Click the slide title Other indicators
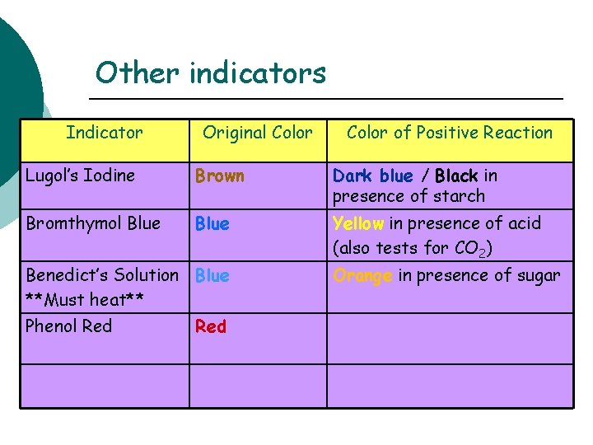coord(211,73)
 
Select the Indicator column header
coord(105,133)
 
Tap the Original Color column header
coord(258,133)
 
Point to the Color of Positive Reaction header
coord(450,133)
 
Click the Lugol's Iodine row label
coord(80,176)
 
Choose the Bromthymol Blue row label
coord(93,223)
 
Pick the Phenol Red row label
coord(68,326)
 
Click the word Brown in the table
coord(219,176)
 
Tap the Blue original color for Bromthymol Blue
coord(212,224)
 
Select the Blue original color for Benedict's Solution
coord(212,276)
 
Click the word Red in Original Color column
coord(211,327)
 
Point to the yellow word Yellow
coord(358,223)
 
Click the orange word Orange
coord(362,276)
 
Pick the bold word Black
coord(456,176)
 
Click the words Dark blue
coord(372,176)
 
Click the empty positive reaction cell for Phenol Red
coord(450,338)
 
